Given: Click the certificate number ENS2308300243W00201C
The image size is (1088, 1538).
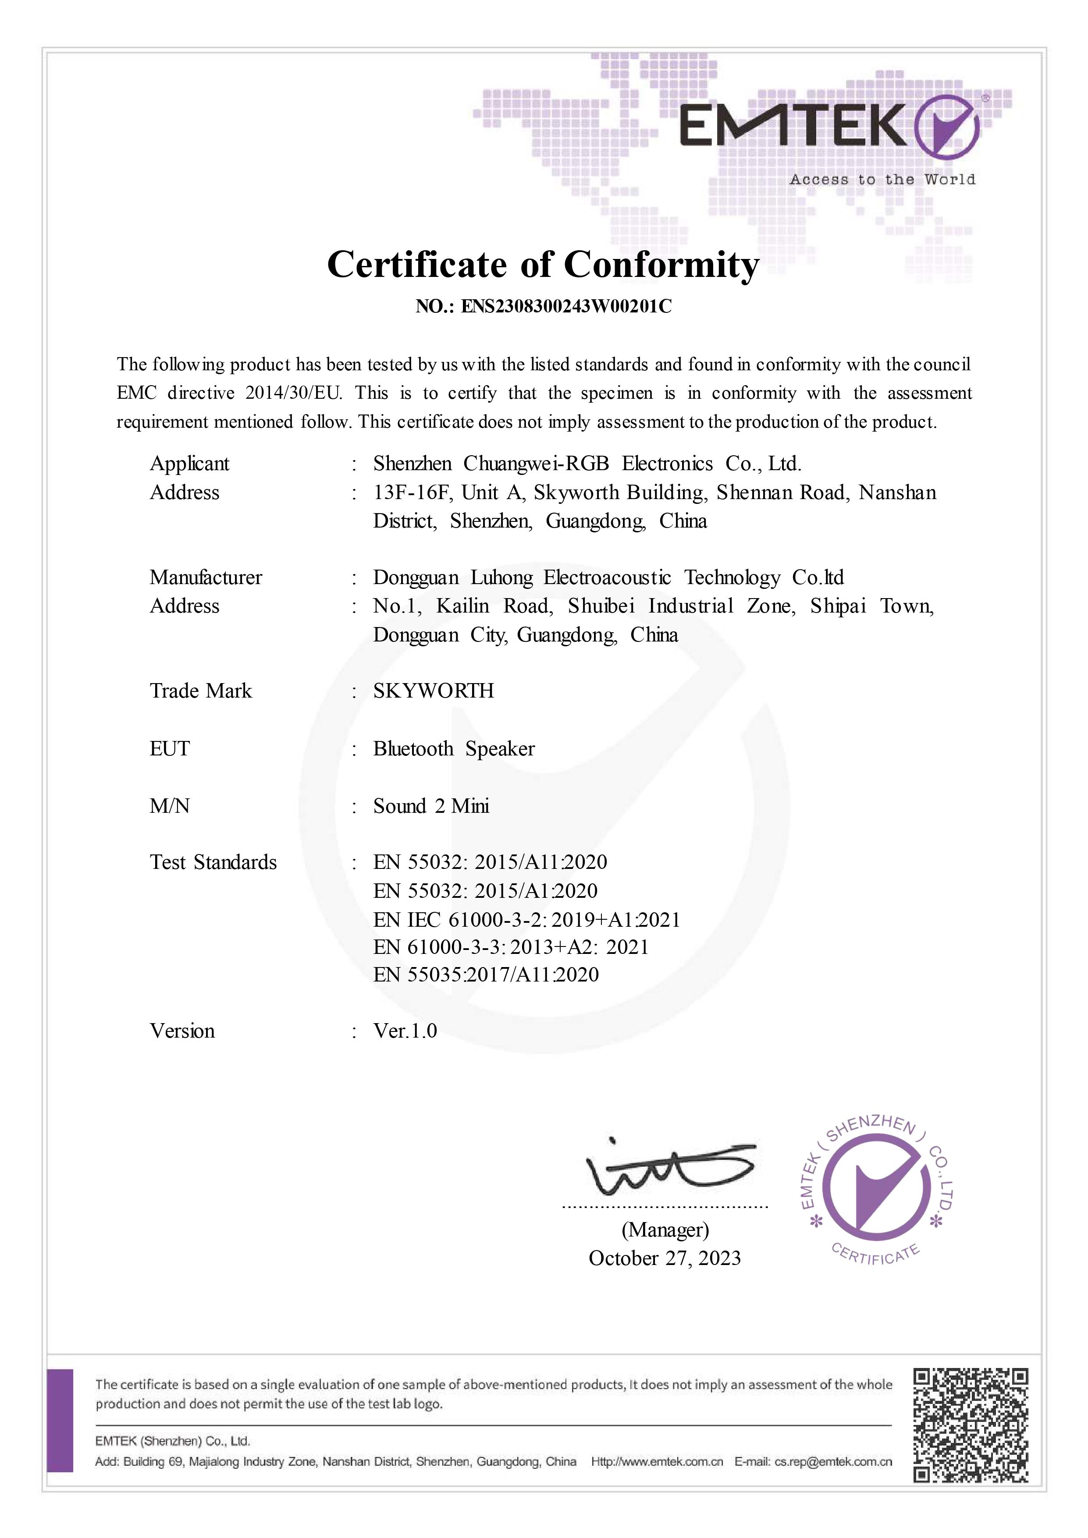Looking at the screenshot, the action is tap(566, 307).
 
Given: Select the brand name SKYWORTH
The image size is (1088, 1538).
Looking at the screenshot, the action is tap(434, 691).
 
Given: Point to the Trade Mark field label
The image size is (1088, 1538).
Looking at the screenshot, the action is tap(200, 691).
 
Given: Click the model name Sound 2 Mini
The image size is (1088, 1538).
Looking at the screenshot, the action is tap(431, 806).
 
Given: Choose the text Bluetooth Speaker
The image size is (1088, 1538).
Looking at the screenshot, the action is tap(454, 748).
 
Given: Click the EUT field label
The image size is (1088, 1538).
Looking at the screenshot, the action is tap(170, 748).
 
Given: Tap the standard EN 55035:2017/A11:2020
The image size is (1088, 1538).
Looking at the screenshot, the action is tap(486, 974).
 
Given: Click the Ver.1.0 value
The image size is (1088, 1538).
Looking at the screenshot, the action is tap(405, 1031).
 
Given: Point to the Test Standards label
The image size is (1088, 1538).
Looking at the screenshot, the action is tap(213, 862).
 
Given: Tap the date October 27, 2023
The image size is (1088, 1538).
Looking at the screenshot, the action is tap(665, 1258).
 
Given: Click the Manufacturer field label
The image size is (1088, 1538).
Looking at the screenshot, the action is tap(206, 578).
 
